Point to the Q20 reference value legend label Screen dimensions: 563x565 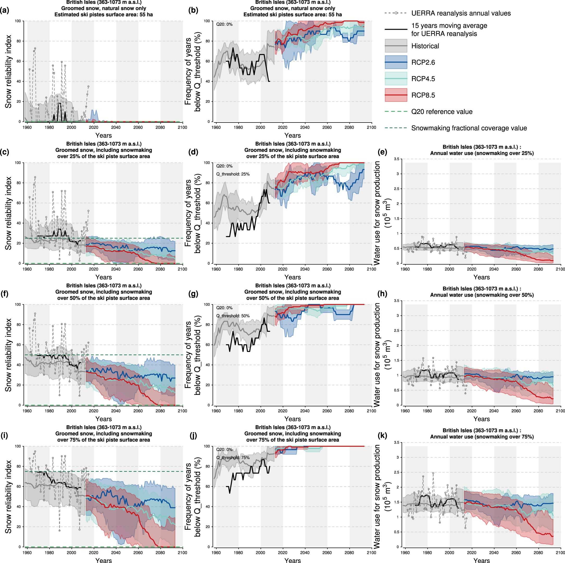coord(442,112)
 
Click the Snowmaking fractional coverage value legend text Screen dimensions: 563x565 coord(469,128)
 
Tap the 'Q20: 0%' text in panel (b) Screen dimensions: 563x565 coord(224,25)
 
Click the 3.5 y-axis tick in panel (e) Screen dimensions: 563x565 coord(397,159)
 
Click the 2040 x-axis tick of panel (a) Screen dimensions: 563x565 coord(116,127)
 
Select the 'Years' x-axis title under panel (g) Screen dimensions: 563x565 coord(293,419)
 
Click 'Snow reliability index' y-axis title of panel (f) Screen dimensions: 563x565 coord(9,354)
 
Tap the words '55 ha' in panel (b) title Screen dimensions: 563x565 coord(335,14)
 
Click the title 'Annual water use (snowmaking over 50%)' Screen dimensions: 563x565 coord(482,295)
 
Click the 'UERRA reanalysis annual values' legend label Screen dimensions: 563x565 coord(461,13)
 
